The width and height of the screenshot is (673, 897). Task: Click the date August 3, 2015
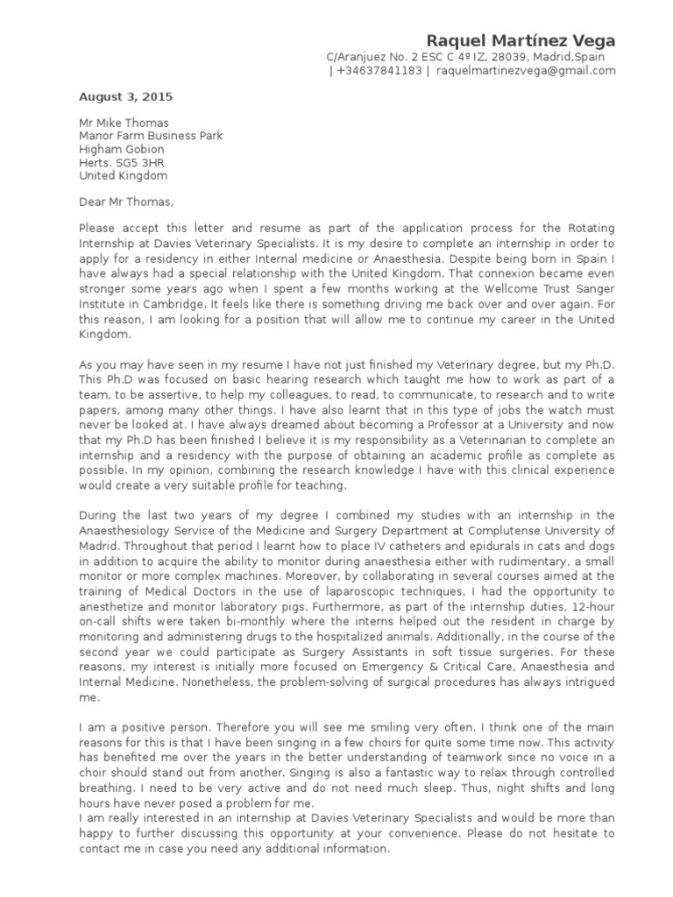[126, 96]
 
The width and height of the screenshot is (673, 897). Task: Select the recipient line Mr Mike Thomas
[124, 123]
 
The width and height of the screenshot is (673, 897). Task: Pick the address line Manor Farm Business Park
[151, 136]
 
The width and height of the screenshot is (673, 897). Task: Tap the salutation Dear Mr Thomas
[126, 201]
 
